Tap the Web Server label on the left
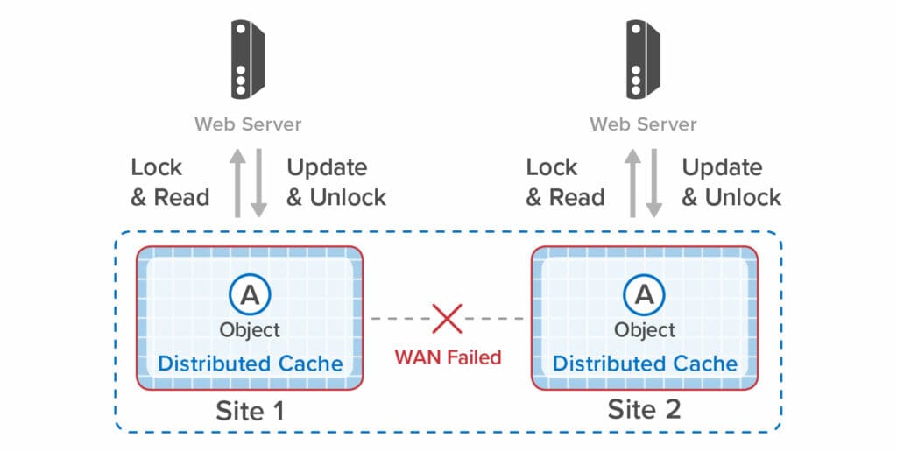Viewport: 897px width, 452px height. pyautogui.click(x=248, y=124)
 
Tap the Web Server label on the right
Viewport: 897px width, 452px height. pyautogui.click(x=643, y=124)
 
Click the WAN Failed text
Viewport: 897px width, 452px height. pyautogui.click(x=448, y=357)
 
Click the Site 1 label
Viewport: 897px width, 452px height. pyautogui.click(x=250, y=410)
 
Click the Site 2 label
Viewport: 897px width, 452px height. pyautogui.click(x=645, y=409)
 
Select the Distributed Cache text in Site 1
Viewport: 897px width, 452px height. pyautogui.click(x=250, y=363)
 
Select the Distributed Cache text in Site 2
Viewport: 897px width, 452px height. pyautogui.click(x=645, y=363)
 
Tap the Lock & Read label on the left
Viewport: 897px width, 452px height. pyautogui.click(x=170, y=182)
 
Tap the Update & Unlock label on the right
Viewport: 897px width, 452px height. pyautogui.click(x=731, y=182)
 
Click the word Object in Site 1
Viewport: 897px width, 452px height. pyautogui.click(x=250, y=329)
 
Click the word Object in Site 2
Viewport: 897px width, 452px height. pyautogui.click(x=645, y=329)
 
